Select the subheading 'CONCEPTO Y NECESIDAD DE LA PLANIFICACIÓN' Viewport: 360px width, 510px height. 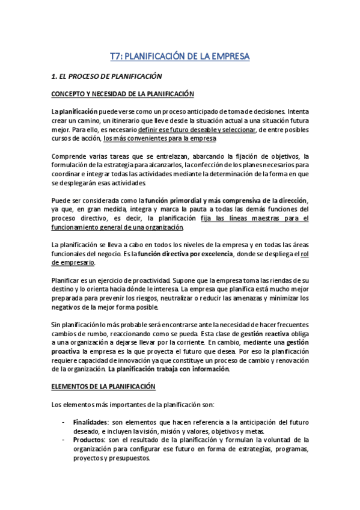point(123,94)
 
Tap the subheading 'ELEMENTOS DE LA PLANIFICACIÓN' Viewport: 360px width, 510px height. point(103,386)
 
